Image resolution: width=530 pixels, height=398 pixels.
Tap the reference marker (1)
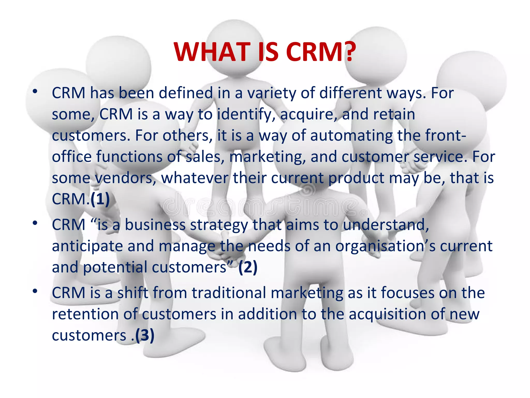pyautogui.click(x=100, y=199)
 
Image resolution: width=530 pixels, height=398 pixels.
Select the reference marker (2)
pyautogui.click(x=248, y=267)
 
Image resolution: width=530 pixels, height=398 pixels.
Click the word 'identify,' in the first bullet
pyautogui.click(x=246, y=114)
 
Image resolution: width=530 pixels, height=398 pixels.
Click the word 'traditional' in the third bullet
pyautogui.click(x=229, y=293)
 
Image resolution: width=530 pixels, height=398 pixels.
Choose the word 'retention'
pyautogui.click(x=85, y=314)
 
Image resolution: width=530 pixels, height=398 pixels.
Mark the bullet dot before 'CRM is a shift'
pyautogui.click(x=35, y=291)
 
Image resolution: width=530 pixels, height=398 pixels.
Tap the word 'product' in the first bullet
pyautogui.click(x=356, y=178)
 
